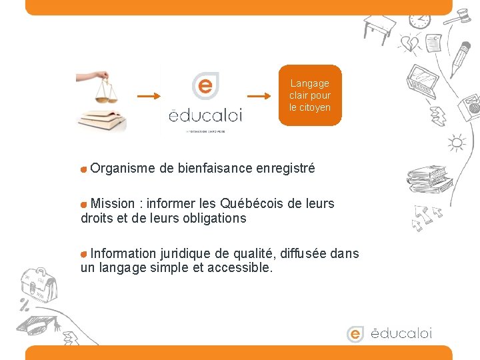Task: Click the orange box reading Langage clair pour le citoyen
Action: [310, 95]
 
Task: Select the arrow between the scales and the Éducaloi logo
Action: [149, 96]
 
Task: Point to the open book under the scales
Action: [102, 119]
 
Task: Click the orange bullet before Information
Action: [83, 254]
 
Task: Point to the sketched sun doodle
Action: [457, 143]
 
